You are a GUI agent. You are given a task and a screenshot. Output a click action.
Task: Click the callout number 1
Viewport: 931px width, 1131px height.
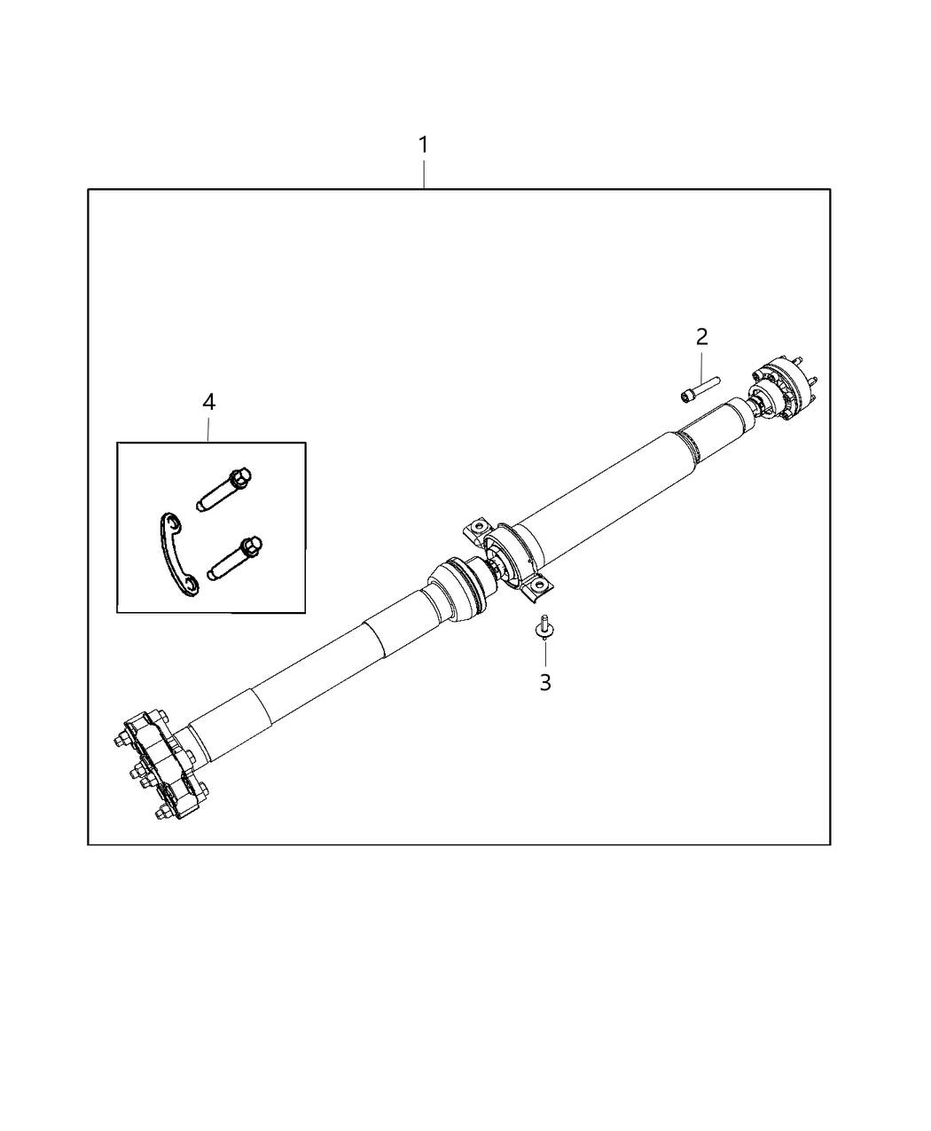(424, 145)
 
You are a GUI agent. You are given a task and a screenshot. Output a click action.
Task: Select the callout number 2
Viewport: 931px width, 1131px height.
(701, 337)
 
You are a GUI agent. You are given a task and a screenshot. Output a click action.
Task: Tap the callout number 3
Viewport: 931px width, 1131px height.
(545, 682)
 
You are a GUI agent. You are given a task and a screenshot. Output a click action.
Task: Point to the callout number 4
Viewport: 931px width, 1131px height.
(208, 402)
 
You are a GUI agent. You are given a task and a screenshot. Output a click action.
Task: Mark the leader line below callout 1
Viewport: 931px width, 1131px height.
(424, 175)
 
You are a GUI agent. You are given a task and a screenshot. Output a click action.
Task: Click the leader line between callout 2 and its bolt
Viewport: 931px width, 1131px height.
(701, 365)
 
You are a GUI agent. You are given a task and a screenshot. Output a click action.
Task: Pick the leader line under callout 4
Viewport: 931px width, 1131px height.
(208, 428)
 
